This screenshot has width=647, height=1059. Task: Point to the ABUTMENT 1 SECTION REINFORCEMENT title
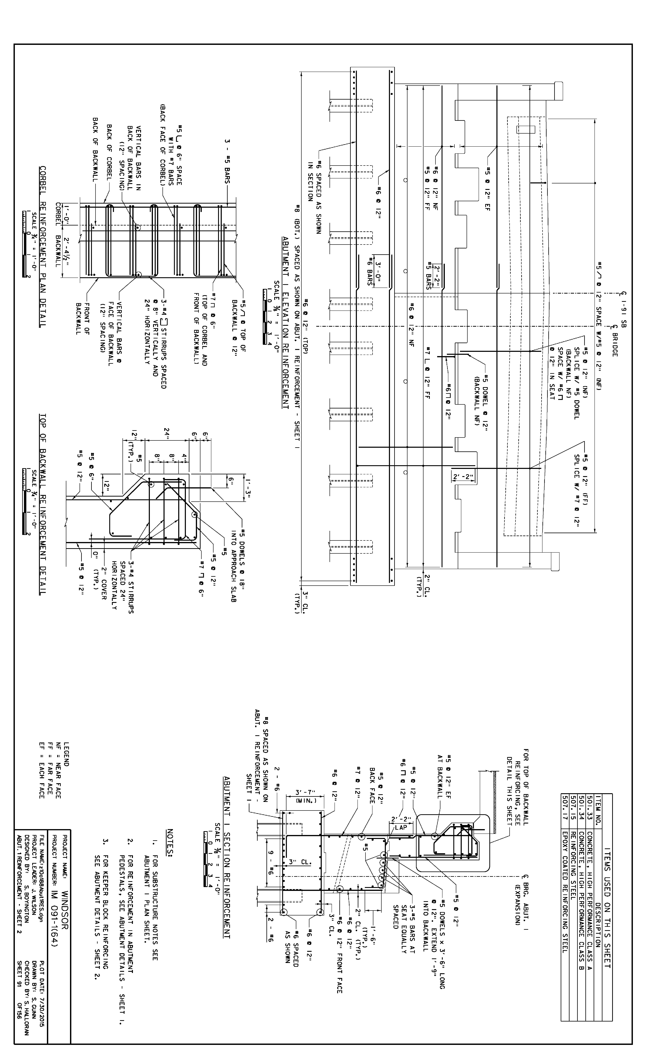coord(226,857)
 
